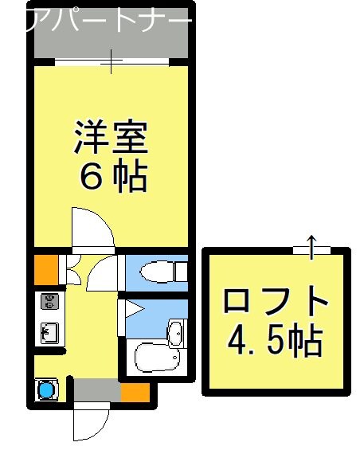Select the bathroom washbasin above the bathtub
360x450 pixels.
pos(175,330)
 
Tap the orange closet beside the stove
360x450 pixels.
pos(45,269)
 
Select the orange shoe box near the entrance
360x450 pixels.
pos(135,392)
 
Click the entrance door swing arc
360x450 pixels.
pos(89,422)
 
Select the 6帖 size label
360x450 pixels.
pos(112,178)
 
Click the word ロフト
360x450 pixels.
pos(276,303)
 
